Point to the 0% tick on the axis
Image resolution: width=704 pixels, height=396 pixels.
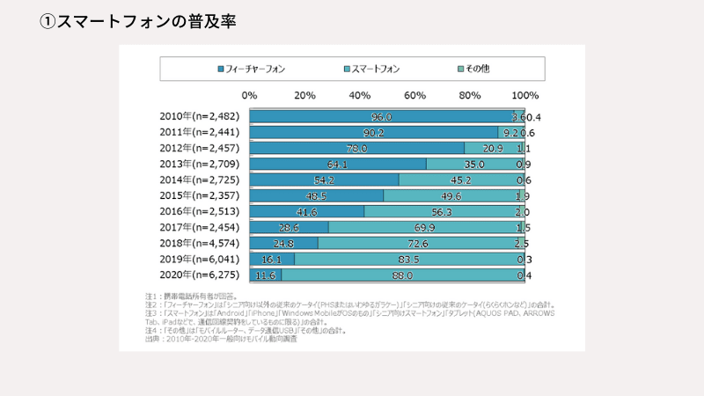click(x=249, y=94)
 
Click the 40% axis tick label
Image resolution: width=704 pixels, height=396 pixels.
click(x=360, y=94)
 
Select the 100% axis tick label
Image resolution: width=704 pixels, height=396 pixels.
click(x=524, y=94)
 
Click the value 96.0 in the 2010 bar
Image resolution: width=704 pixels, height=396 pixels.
click(x=381, y=117)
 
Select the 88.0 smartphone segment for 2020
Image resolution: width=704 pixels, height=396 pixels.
click(x=403, y=275)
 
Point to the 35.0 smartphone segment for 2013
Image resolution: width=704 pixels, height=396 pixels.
click(x=473, y=165)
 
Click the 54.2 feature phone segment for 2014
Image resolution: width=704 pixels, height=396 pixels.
click(x=324, y=180)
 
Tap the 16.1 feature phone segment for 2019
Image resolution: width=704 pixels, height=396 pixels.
click(x=271, y=260)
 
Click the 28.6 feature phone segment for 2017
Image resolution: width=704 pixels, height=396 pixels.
click(x=289, y=228)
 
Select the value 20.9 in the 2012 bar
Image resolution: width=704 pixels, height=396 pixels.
click(x=493, y=149)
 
